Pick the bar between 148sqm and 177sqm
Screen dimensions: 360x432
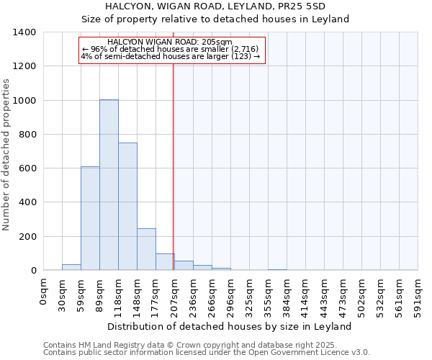(146, 249)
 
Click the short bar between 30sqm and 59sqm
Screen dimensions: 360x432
(71, 267)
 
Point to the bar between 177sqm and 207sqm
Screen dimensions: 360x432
(165, 262)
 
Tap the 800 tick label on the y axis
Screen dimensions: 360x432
(27, 135)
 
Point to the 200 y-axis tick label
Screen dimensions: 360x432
(27, 237)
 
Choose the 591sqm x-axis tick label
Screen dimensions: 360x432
(419, 292)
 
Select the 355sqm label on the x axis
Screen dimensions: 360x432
(269, 292)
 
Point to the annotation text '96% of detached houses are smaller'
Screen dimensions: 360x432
(171, 49)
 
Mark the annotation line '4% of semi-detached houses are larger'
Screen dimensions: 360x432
(171, 56)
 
